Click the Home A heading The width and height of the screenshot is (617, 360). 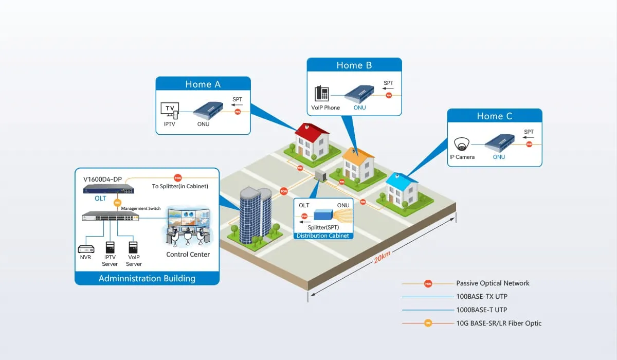pyautogui.click(x=203, y=84)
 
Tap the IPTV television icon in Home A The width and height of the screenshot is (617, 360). pyautogui.click(x=170, y=110)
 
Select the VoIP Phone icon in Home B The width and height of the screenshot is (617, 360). pyautogui.click(x=322, y=94)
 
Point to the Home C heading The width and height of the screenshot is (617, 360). pyautogui.click(x=494, y=116)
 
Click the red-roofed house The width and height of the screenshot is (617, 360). pyautogui.click(x=311, y=141)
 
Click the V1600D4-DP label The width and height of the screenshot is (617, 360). pyautogui.click(x=103, y=179)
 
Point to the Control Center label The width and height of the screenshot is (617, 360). pyautogui.click(x=188, y=255)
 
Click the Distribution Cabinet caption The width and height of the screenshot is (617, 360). pyautogui.click(x=322, y=236)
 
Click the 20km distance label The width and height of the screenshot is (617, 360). pyautogui.click(x=383, y=258)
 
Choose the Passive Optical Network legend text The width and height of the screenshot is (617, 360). pyautogui.click(x=493, y=283)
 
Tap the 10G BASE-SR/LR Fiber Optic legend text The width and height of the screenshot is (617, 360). pyautogui.click(x=499, y=323)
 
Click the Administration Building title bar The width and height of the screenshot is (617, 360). pyautogui.click(x=147, y=278)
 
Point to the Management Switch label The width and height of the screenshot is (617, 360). pyautogui.click(x=140, y=208)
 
